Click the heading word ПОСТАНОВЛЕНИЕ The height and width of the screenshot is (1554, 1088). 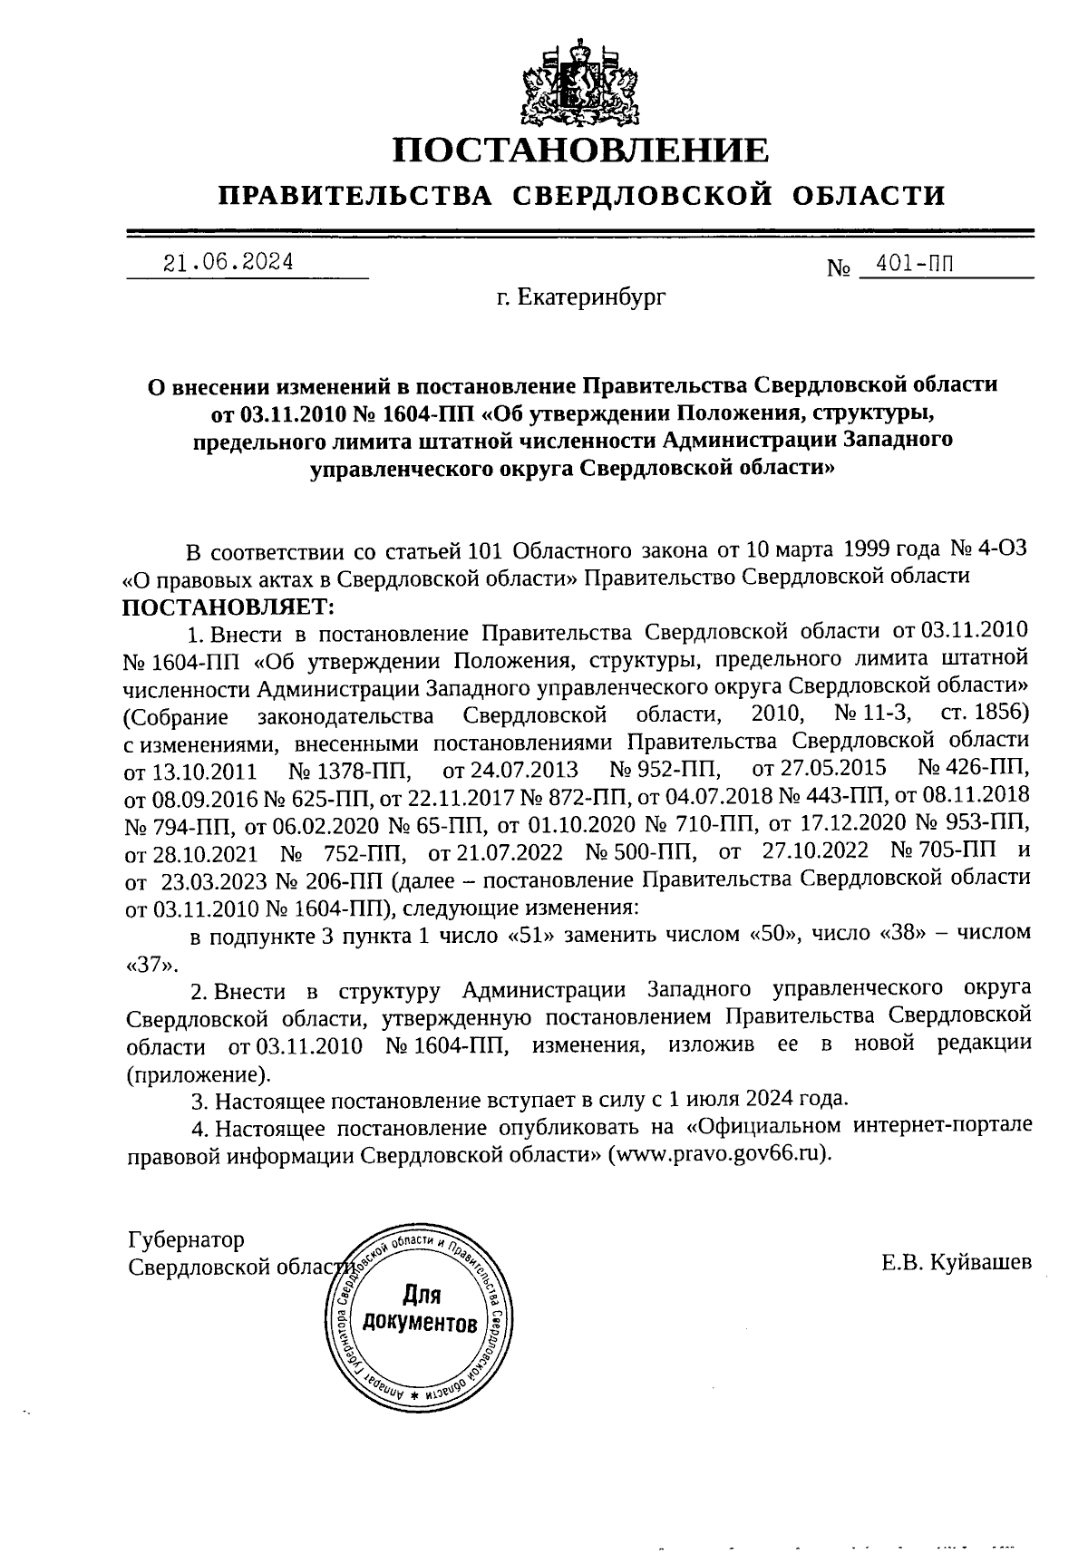[580, 151]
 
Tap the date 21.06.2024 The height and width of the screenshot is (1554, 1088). [228, 263]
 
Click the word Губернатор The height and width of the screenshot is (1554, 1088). [187, 1239]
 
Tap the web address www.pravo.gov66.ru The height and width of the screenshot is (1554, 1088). [719, 1155]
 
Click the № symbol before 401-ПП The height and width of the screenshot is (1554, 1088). [837, 268]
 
